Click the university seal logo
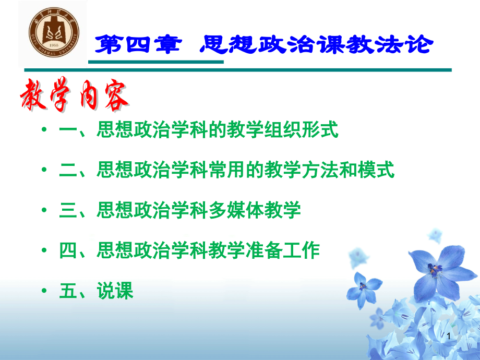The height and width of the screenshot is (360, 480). [54, 32]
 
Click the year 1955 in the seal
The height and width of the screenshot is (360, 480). [54, 45]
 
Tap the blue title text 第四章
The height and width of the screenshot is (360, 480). [138, 45]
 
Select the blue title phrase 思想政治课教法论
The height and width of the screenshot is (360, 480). [317, 45]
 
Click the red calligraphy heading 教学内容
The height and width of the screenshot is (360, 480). [74, 94]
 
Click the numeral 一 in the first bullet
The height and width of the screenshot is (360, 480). [68, 130]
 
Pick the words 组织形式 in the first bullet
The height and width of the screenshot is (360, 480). [301, 129]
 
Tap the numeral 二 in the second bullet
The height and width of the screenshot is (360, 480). [68, 170]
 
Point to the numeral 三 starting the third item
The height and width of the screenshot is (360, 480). [68, 210]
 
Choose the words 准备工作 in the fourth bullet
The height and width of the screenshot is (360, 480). [283, 250]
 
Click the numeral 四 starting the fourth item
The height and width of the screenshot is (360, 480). [68, 250]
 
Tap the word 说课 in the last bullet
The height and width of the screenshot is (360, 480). [115, 291]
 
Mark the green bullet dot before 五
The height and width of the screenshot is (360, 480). [44, 290]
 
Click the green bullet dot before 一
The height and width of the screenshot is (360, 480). [44, 129]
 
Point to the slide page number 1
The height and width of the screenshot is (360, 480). [449, 337]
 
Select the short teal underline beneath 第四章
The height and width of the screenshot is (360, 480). [156, 62]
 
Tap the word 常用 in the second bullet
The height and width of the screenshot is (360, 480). [227, 170]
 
